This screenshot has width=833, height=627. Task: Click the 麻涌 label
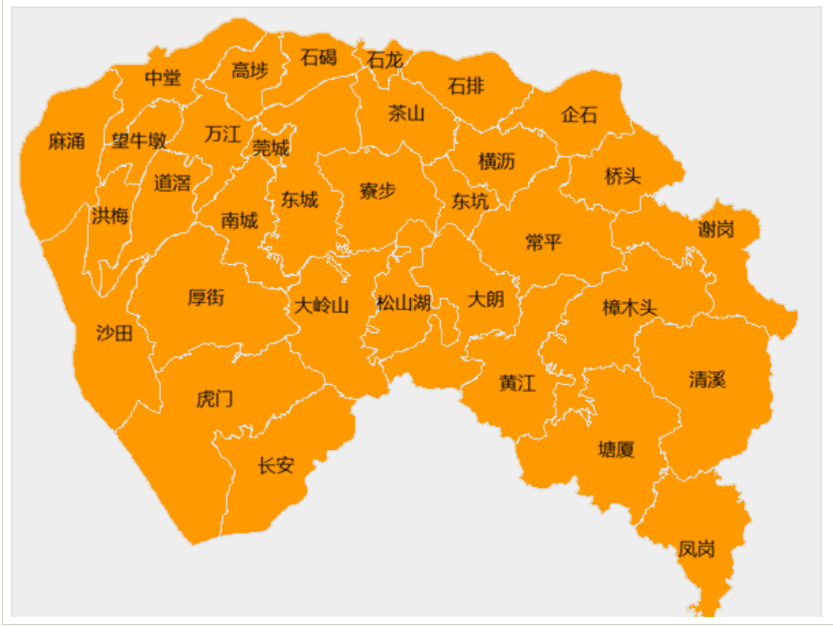coord(66,142)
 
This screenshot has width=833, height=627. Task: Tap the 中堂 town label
coord(162,78)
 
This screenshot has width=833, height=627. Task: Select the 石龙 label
coord(384,60)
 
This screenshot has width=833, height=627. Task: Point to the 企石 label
coord(580,115)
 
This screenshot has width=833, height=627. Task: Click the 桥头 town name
coord(622,176)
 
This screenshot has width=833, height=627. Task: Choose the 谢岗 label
coord(716,230)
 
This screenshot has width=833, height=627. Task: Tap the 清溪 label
coord(707,379)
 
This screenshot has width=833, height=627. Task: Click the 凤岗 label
coord(696,549)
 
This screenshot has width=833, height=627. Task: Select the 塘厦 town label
coord(616,449)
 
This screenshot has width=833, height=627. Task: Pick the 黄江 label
coord(517,383)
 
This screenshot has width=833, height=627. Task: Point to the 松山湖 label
coord(404,303)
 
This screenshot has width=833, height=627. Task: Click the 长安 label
coord(276,465)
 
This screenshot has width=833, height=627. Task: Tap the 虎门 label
coord(215,399)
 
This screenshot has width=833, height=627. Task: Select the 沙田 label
coord(114,333)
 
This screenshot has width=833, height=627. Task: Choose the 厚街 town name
coord(206,297)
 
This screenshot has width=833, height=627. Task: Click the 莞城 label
coord(270,148)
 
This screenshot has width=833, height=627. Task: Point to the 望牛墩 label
coord(139,142)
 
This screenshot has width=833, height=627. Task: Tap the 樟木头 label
coord(629,309)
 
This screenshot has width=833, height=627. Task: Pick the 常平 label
coord(544,242)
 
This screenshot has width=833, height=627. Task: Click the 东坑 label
coord(470,201)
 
